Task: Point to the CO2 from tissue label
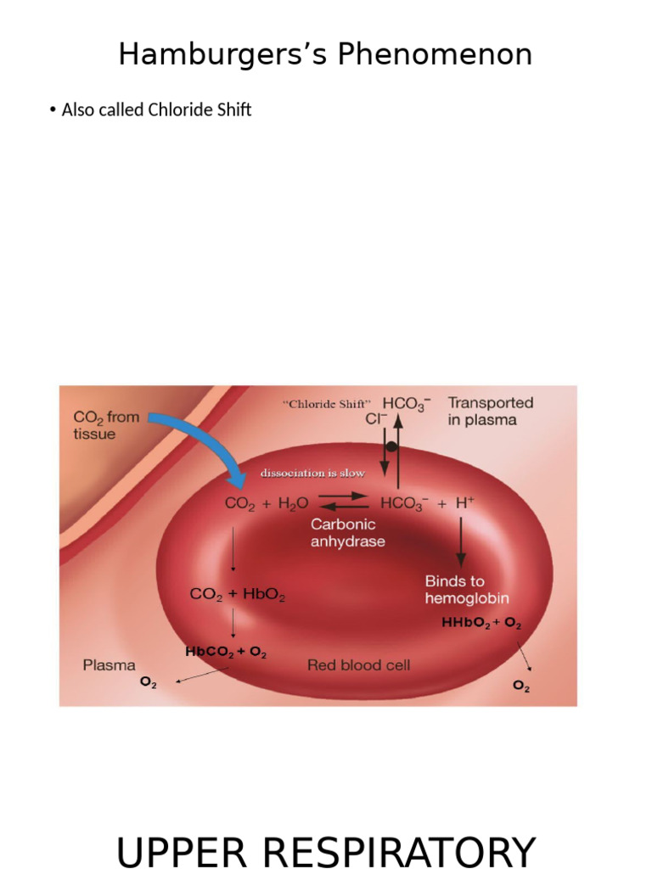[106, 425]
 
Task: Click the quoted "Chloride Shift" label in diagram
[327, 405]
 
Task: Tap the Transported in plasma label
[490, 411]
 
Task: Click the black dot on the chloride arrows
[391, 446]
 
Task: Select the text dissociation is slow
[312, 473]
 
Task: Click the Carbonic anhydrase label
[347, 532]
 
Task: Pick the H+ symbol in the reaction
[464, 502]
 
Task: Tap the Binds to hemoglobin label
[467, 589]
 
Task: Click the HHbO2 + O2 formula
[481, 624]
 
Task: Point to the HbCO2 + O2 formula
[226, 653]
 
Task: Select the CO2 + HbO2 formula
[238, 595]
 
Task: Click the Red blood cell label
[358, 665]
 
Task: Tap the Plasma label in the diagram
[109, 665]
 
